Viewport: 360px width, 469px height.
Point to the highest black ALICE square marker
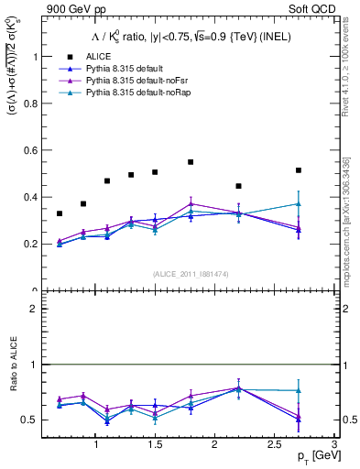191,162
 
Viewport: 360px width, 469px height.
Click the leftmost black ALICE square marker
60,213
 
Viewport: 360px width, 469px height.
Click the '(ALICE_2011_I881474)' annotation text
191,273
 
